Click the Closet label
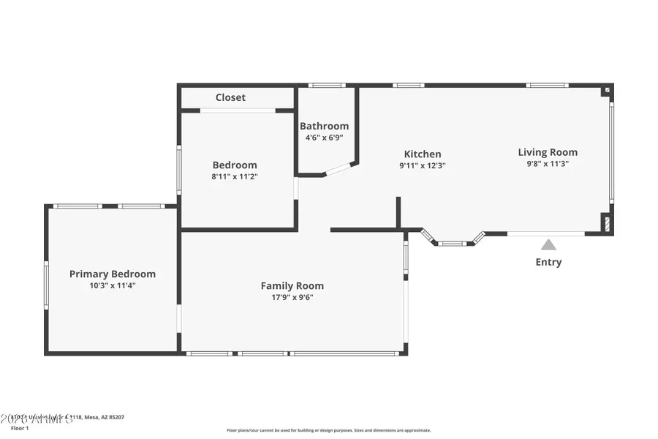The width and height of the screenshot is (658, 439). click(230, 97)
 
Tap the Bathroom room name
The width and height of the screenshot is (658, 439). click(324, 126)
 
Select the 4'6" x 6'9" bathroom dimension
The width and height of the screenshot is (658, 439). click(324, 138)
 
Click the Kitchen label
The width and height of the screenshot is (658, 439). click(423, 154)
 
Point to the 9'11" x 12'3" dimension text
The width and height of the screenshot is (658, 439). click(423, 165)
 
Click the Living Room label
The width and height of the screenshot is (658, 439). click(548, 152)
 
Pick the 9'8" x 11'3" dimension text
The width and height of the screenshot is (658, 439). click(548, 164)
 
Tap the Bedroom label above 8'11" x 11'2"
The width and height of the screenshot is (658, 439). click(235, 165)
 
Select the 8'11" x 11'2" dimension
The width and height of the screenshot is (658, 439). click(235, 176)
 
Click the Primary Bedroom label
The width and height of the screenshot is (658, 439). click(113, 274)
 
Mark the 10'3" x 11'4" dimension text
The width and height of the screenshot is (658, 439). click(113, 285)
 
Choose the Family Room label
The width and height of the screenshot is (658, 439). click(292, 285)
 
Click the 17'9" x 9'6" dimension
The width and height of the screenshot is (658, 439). click(292, 297)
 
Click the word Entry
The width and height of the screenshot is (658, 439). click(548, 262)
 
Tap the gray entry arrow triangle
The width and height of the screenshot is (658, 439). click(548, 244)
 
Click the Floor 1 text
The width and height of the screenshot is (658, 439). click(19, 427)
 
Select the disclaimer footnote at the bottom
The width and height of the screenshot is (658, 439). click(328, 430)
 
